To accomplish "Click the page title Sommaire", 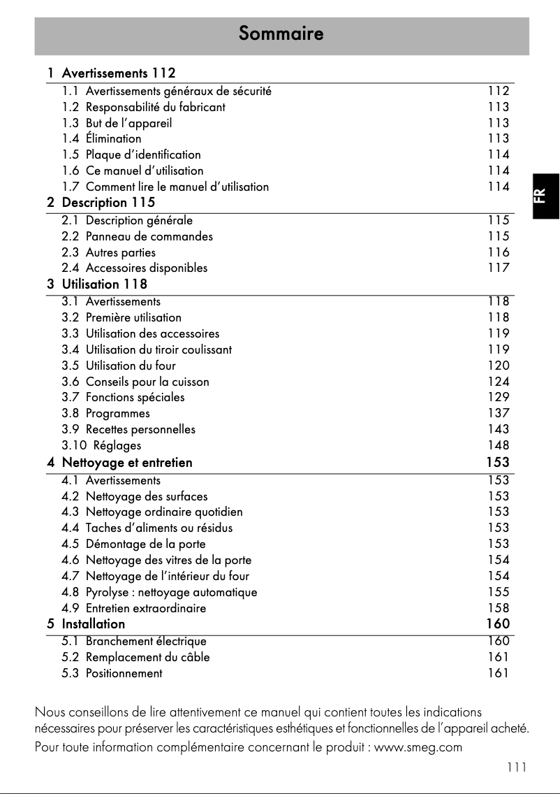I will (x=281, y=33).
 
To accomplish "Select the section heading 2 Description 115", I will (x=101, y=203).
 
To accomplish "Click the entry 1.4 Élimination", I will (x=101, y=138).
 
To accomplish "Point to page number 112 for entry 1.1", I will (x=498, y=91).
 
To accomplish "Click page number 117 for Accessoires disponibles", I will (x=498, y=268).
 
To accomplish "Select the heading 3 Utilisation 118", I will (x=97, y=284).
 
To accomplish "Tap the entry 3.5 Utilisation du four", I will (x=119, y=366).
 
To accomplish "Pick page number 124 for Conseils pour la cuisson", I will (x=498, y=382).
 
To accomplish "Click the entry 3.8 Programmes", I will (x=105, y=413).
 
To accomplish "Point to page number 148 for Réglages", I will (x=498, y=445).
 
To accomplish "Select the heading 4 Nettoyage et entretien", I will (x=119, y=463).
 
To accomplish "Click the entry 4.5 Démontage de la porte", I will (x=133, y=544).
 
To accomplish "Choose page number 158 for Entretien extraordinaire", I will (x=498, y=608).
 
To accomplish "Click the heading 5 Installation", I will (x=86, y=623).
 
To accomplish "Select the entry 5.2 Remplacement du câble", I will (x=135, y=657).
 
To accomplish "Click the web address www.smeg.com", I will (x=418, y=747).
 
